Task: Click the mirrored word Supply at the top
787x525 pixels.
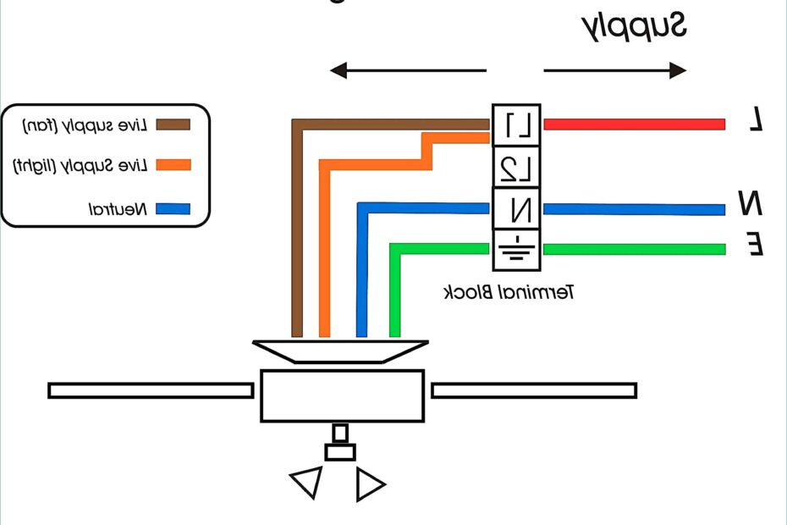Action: (x=634, y=27)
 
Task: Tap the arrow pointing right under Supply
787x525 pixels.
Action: (x=614, y=71)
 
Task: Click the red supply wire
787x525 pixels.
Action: (x=634, y=124)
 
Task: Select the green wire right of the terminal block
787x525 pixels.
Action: (x=634, y=249)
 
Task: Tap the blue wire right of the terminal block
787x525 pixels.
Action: (x=634, y=209)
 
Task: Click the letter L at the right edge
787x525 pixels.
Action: (x=756, y=120)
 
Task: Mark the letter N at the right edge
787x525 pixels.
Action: (x=751, y=204)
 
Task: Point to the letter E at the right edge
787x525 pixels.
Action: (x=756, y=245)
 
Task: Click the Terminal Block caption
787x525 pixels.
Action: (x=509, y=293)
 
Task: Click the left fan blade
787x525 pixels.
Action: (x=151, y=390)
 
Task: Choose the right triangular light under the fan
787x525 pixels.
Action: (x=370, y=484)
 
